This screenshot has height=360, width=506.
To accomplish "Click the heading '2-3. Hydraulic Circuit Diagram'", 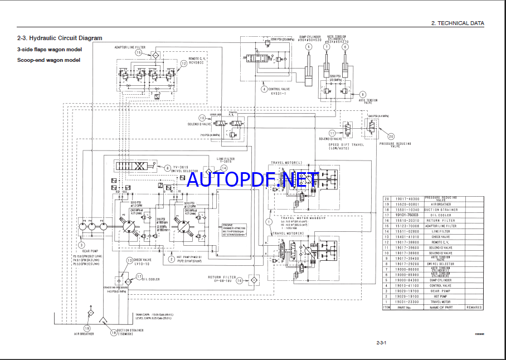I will [60, 38].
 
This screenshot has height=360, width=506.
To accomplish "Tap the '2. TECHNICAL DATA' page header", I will [458, 23].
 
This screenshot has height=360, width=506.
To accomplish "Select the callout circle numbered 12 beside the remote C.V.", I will [184, 64].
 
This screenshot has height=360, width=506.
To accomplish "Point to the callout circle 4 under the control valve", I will [264, 89].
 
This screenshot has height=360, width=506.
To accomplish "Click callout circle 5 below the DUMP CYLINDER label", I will [308, 47].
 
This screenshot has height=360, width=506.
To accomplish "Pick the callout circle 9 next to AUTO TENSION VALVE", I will [363, 95].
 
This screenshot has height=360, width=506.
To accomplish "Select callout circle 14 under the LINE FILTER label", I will [223, 168].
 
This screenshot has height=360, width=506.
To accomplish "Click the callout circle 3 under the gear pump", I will [81, 244].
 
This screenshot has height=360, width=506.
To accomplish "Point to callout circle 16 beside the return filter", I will [239, 281].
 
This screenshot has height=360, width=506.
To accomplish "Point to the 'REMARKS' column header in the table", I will [474, 307].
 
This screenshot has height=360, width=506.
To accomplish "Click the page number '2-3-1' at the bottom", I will [381, 342].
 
